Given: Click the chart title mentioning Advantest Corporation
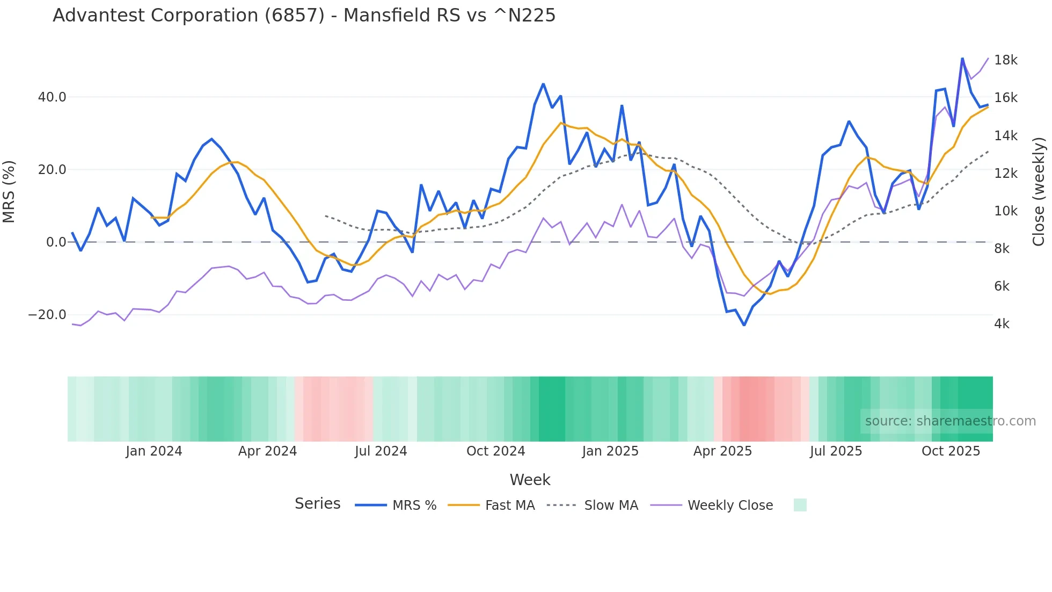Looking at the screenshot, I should coord(304,16).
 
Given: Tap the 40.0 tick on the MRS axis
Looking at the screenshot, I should coord(52,97).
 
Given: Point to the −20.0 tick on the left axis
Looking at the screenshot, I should coord(47,315).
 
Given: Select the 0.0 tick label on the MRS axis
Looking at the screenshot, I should coord(56,242).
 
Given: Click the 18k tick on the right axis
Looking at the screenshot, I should coord(1005,60).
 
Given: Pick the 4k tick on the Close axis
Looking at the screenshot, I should coord(1002,324).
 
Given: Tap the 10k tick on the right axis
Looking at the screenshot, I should coord(1005,211).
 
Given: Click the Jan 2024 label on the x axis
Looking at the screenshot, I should coord(154,451).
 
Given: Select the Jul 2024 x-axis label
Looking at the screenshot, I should coord(381,451).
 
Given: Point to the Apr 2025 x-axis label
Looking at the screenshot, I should coord(722,451).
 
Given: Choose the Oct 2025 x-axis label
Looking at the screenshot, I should coord(951,451).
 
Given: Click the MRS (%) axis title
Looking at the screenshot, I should coord(9,191).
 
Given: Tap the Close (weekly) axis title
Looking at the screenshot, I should coord(1039,191).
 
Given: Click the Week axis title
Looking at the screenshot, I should coord(530,480).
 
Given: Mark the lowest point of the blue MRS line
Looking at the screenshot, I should coord(744,325).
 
